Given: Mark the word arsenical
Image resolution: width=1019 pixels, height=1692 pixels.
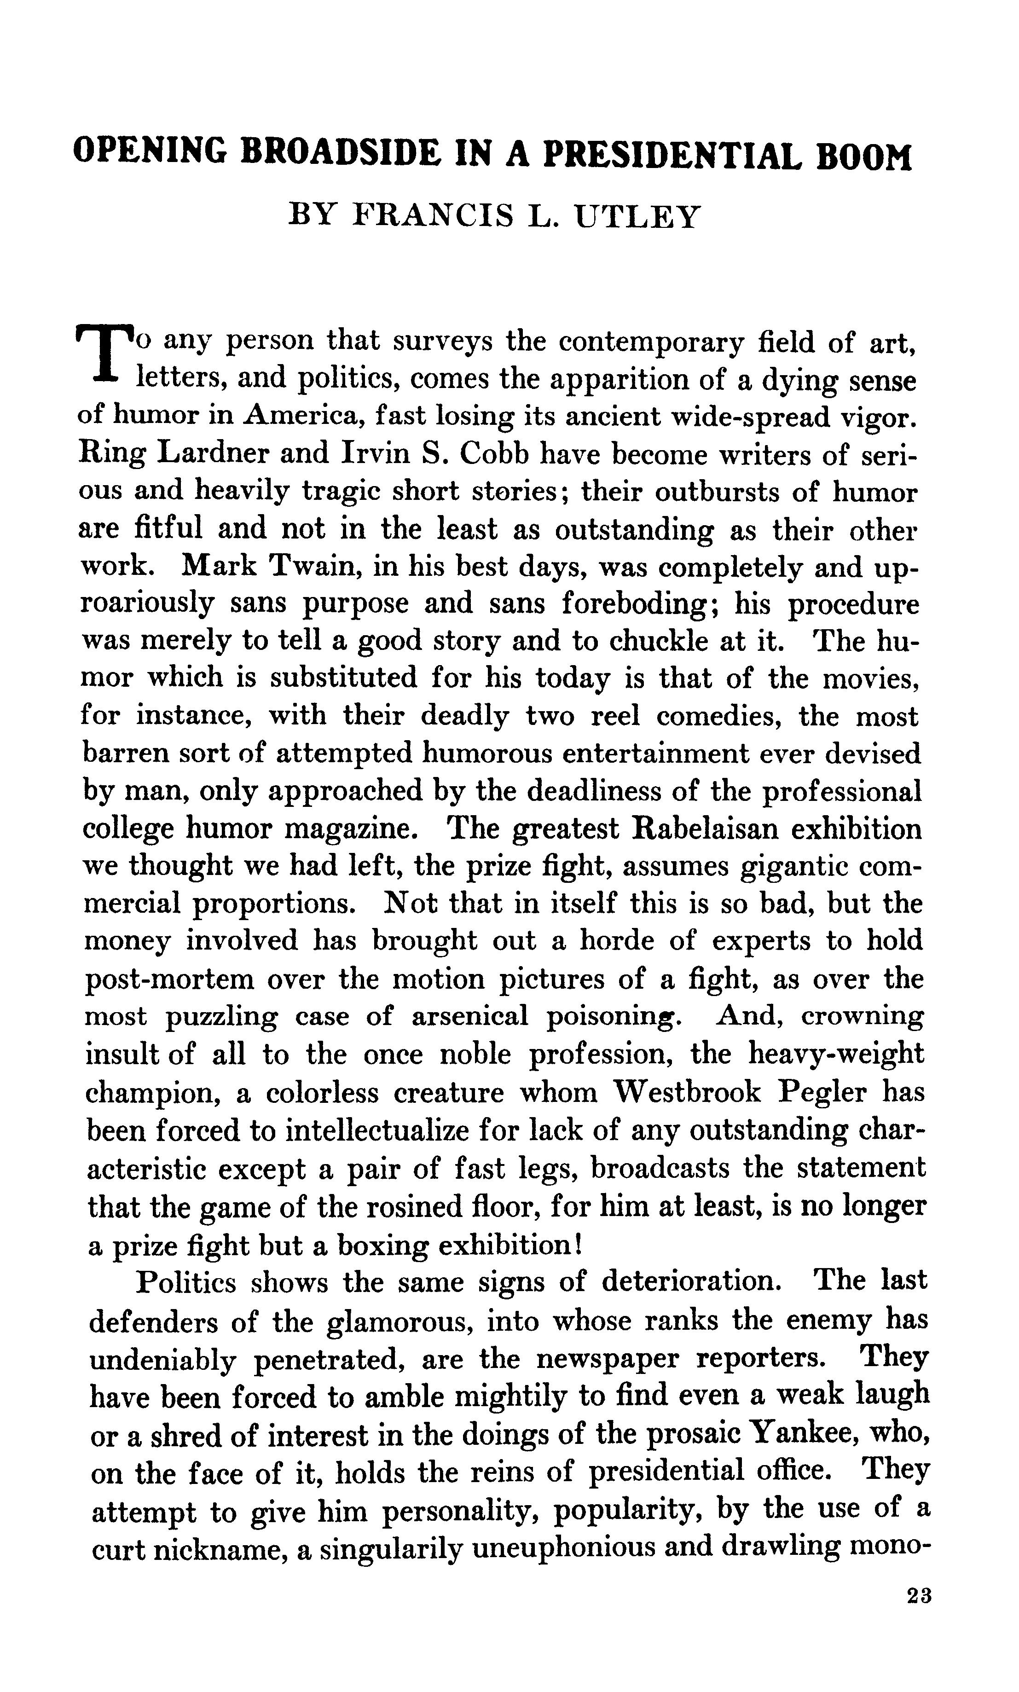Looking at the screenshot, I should pos(470,1017).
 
